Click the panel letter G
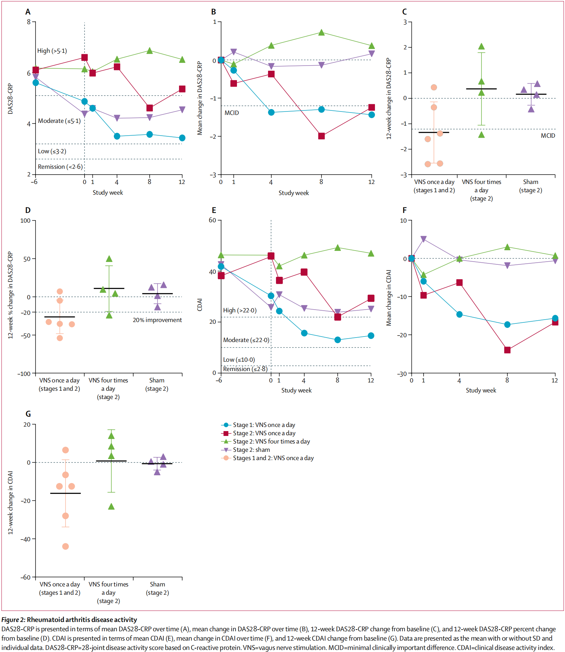28,414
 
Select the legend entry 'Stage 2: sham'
251,450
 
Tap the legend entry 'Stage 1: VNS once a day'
264,425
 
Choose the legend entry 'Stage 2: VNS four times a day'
271,441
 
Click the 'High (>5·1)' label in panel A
52,51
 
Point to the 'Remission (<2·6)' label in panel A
60,167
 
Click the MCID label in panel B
231,113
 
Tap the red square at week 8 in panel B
321,136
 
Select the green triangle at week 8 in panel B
321,32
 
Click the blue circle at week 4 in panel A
117,136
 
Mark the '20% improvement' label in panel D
157,320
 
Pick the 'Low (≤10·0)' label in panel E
239,360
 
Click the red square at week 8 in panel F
507,350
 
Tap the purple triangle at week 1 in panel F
424,239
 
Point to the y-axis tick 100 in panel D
26,221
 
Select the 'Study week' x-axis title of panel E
296,390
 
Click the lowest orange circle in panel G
66,546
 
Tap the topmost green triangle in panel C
482,47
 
